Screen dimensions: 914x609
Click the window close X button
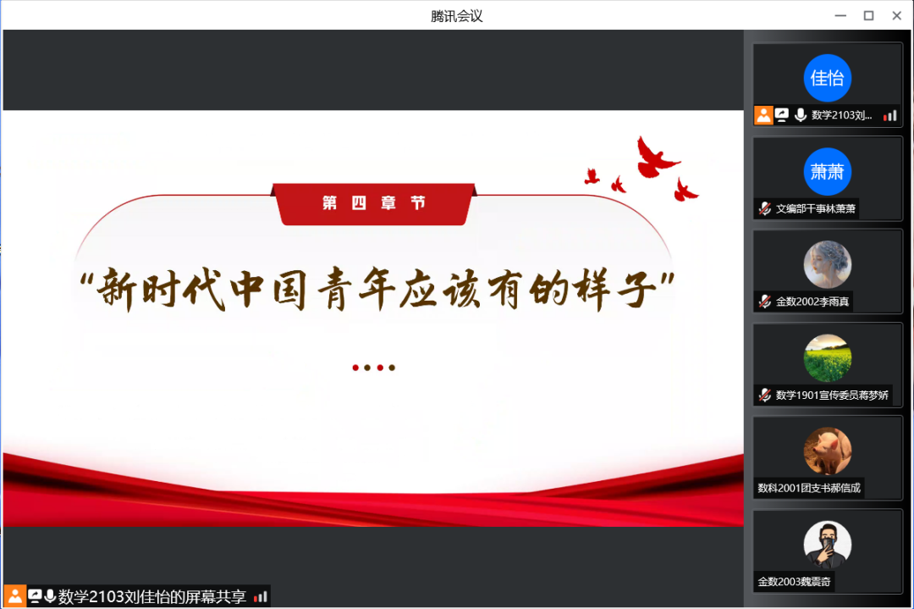(x=896, y=16)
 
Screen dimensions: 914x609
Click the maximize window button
(x=868, y=16)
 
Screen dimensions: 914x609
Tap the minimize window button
(x=840, y=16)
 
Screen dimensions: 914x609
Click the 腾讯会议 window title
(x=456, y=16)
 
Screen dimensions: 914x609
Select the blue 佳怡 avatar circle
(x=827, y=78)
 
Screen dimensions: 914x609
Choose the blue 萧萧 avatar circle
(x=827, y=171)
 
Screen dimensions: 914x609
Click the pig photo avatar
(x=827, y=451)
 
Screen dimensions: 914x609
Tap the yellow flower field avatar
(x=827, y=357)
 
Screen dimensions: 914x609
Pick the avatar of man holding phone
(x=827, y=545)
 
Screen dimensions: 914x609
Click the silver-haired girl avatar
(x=827, y=264)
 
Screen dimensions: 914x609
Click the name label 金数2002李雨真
(x=812, y=302)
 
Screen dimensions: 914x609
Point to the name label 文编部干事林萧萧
(x=816, y=208)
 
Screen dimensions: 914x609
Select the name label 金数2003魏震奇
(x=794, y=582)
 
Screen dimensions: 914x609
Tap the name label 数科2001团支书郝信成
(x=809, y=488)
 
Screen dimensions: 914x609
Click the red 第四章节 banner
(x=374, y=203)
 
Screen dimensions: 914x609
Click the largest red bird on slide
(x=656, y=157)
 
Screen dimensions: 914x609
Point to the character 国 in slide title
(x=290, y=288)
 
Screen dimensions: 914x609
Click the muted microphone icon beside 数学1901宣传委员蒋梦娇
(x=765, y=395)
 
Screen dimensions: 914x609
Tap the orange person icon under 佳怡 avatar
(x=763, y=115)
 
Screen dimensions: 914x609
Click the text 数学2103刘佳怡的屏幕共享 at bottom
(x=151, y=597)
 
